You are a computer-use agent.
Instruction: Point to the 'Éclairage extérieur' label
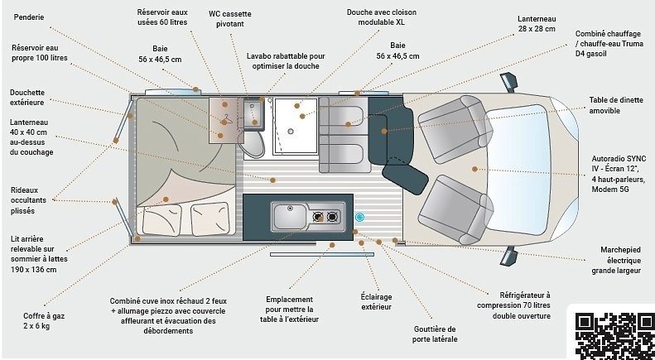tap(376, 301)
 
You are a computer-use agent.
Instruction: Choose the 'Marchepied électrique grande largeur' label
tap(622, 259)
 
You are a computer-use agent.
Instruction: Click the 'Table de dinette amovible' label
tap(616, 105)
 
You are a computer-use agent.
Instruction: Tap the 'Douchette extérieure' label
tap(28, 97)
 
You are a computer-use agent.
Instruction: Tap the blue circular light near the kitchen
tap(360, 217)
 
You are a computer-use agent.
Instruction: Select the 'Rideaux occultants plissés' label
tap(29, 200)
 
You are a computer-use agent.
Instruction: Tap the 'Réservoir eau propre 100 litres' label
tap(39, 53)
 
